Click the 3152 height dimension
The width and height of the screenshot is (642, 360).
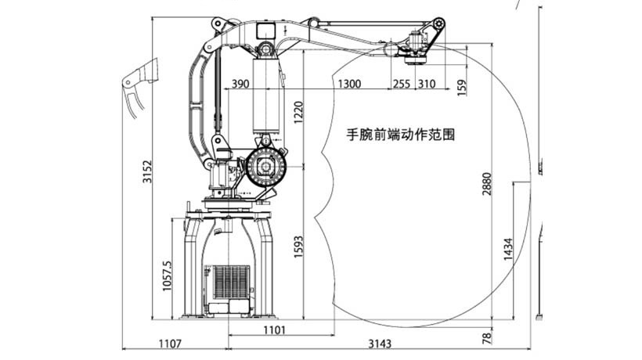pyautogui.click(x=147, y=172)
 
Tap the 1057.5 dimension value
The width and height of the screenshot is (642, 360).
pyautogui.click(x=168, y=276)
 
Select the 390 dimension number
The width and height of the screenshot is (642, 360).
pyautogui.click(x=240, y=84)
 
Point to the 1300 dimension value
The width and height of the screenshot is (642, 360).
pyautogui.click(x=349, y=84)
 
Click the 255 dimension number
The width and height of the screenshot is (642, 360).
pyautogui.click(x=402, y=84)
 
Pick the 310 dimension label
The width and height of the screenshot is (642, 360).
pyautogui.click(x=427, y=84)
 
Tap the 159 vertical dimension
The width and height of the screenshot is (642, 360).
pyautogui.click(x=461, y=88)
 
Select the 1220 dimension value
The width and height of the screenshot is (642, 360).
pyautogui.click(x=298, y=113)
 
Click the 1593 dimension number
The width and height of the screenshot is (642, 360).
pyautogui.click(x=298, y=247)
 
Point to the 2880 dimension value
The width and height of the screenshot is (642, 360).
pyautogui.click(x=486, y=184)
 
